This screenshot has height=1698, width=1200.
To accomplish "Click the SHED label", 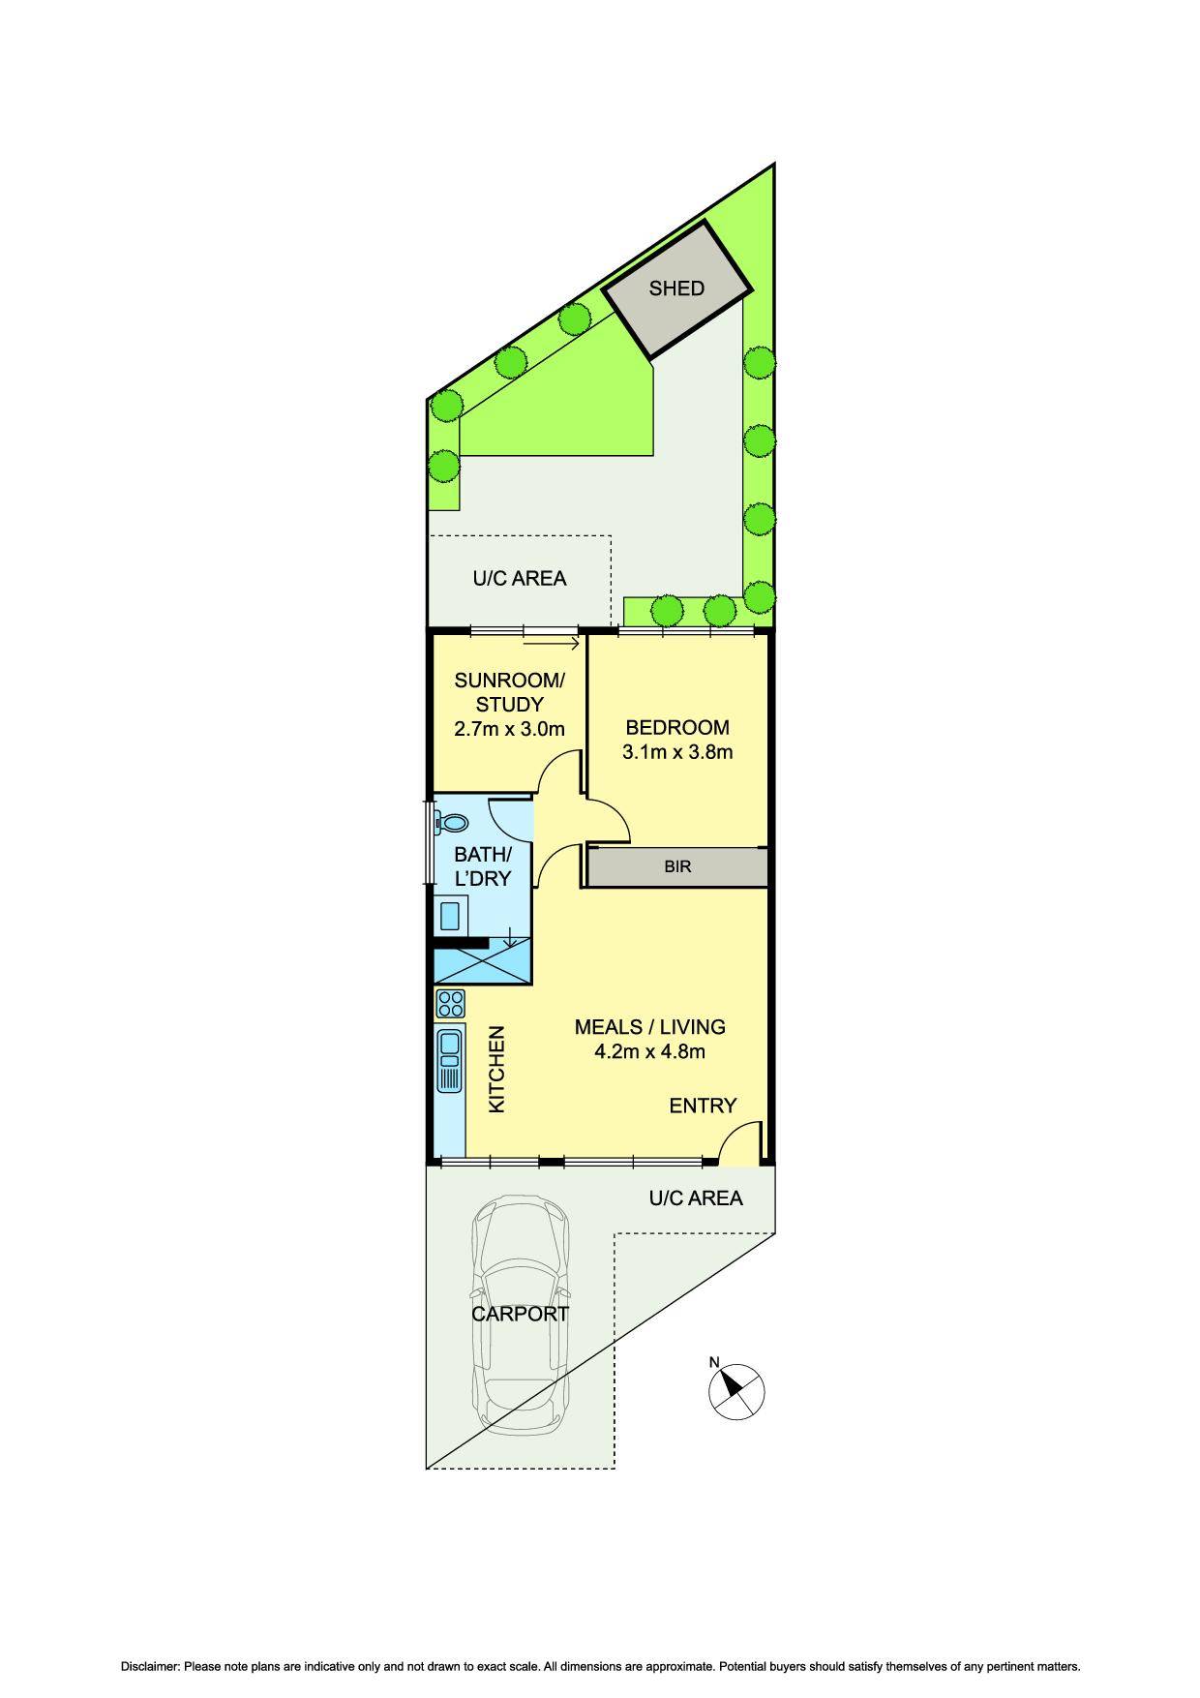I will (676, 288).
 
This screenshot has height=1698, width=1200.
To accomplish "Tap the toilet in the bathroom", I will (452, 823).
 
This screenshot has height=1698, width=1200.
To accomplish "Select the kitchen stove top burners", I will (451, 1003).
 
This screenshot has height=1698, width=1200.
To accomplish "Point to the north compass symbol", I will (736, 1391).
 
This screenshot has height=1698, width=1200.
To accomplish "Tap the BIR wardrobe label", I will (677, 867).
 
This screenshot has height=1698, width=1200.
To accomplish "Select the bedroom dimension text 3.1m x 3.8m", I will (677, 752).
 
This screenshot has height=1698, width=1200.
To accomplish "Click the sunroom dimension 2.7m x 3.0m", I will (509, 729).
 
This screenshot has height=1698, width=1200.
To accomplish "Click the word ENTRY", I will (703, 1106).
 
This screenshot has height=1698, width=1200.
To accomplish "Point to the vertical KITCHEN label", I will (496, 1070).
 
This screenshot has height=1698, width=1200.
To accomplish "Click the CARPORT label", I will (520, 1315).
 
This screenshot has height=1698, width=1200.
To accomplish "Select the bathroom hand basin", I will (450, 914).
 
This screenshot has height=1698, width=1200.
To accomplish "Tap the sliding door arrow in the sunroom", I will (551, 643).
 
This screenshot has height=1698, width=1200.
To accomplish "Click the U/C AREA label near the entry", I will (695, 1198).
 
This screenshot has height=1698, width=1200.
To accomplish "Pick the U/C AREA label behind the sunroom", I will (519, 579).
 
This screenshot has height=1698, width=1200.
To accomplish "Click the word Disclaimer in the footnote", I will (150, 1667).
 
